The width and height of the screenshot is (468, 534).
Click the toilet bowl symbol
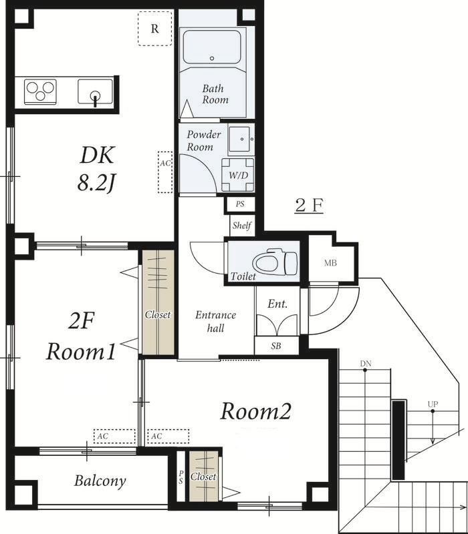pos(275,262)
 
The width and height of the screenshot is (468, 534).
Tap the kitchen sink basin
pos(95,91)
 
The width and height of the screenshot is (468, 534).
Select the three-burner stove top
pos(40,91)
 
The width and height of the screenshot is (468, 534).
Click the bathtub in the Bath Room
pos(212,47)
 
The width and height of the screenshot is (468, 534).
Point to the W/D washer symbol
pos(238,175)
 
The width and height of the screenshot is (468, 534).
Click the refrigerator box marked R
pos(155,29)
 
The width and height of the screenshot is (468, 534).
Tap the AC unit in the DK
pos(165,172)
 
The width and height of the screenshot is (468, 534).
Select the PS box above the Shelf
pos(240,204)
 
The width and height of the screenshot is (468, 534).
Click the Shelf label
pos(242,225)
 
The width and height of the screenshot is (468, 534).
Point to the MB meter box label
pos(330,263)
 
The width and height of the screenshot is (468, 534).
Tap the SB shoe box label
pos(276,346)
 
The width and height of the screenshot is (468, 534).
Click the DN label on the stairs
pos(365,363)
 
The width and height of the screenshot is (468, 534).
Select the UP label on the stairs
pos(433,405)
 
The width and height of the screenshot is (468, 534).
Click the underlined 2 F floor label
pos(309,206)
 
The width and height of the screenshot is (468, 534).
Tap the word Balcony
pos(100,481)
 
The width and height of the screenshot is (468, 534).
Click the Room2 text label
pos(255,411)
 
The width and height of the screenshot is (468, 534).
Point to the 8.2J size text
pos(96,184)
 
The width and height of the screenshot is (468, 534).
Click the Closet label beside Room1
pos(158,314)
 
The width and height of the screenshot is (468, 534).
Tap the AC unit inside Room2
pos(168,437)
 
